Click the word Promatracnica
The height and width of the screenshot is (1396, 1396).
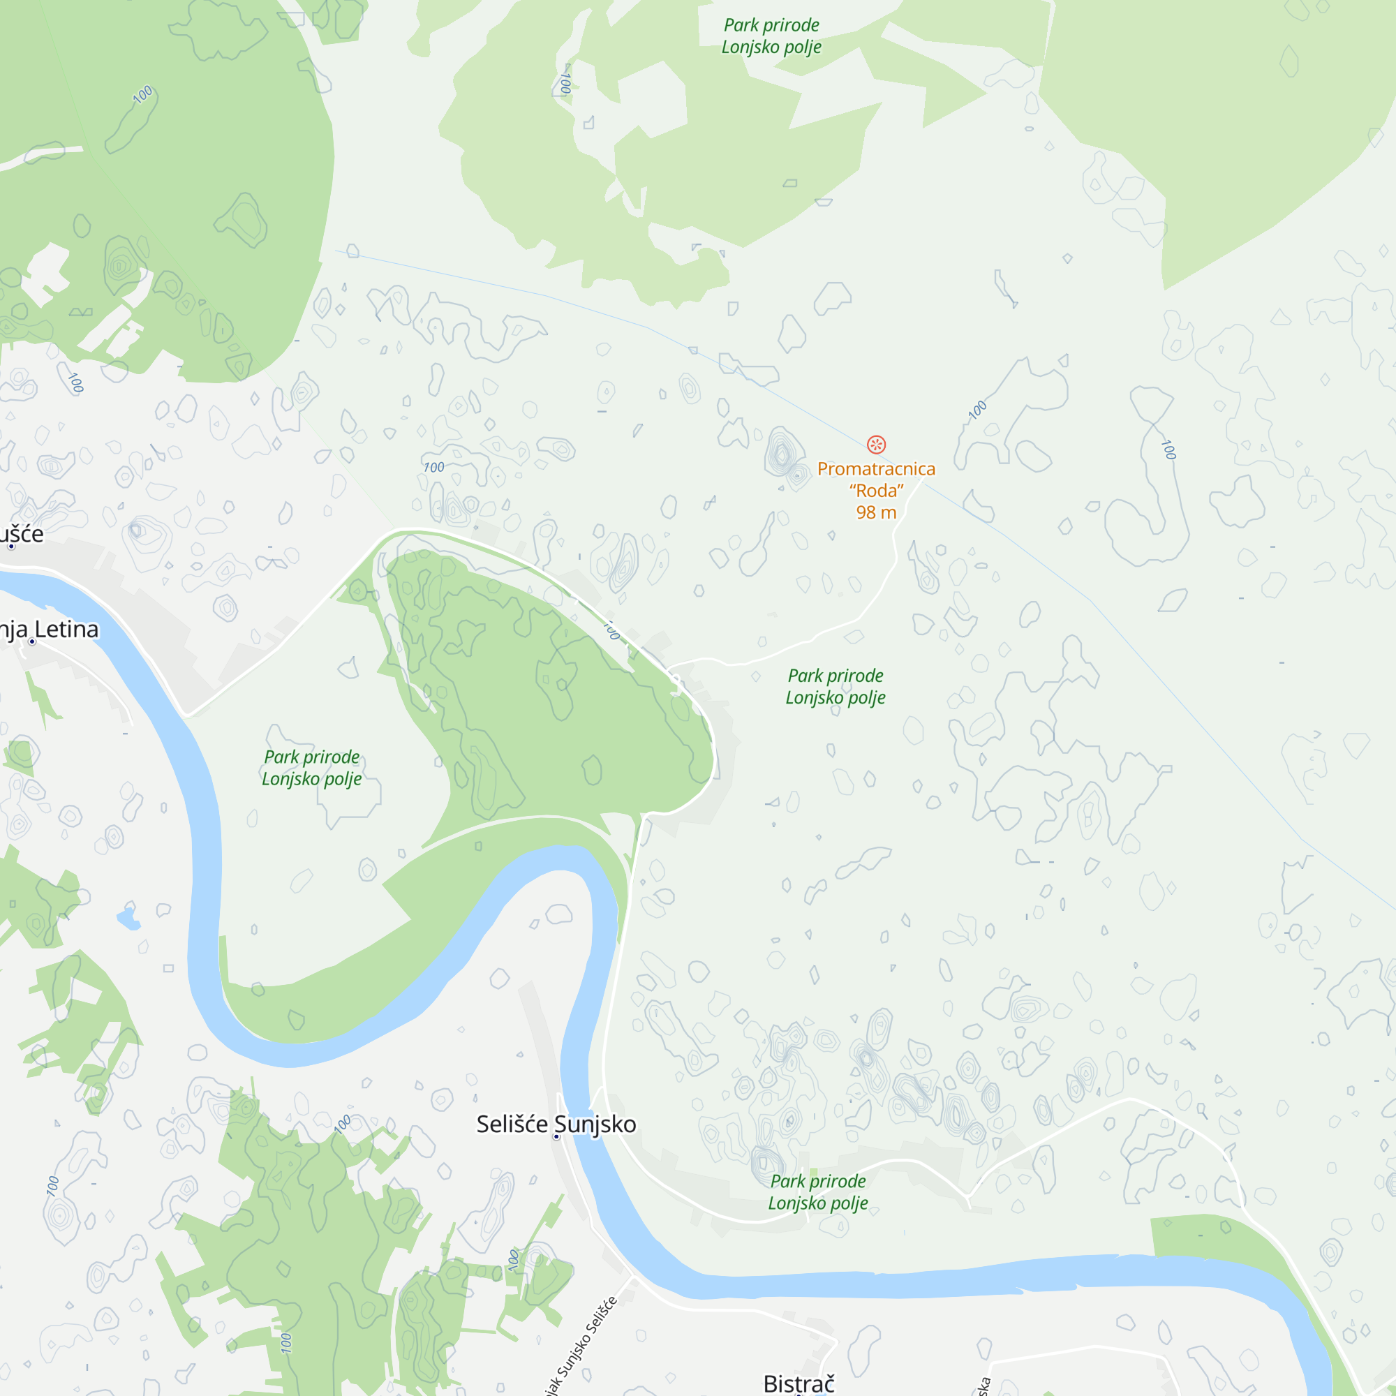(876, 469)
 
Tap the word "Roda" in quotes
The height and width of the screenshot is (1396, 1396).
(876, 491)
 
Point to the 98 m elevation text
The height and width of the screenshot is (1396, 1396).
(876, 512)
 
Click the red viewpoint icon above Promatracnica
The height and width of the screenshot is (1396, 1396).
(876, 445)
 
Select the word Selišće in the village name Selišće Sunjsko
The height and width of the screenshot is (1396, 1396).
(512, 1124)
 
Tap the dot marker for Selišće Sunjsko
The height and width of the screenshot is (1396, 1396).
(556, 1136)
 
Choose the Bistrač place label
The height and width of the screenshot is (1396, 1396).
(799, 1383)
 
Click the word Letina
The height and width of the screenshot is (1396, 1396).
(66, 630)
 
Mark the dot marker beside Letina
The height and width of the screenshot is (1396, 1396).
(32, 641)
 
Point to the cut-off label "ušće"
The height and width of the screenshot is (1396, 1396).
(21, 534)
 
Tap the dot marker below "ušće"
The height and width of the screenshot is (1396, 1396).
(11, 547)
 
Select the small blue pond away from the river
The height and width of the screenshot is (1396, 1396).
(128, 919)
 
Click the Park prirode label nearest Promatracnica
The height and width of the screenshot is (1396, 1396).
(836, 686)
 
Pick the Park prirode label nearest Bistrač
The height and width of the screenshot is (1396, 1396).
(818, 1192)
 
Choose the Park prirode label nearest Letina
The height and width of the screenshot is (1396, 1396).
(311, 767)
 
